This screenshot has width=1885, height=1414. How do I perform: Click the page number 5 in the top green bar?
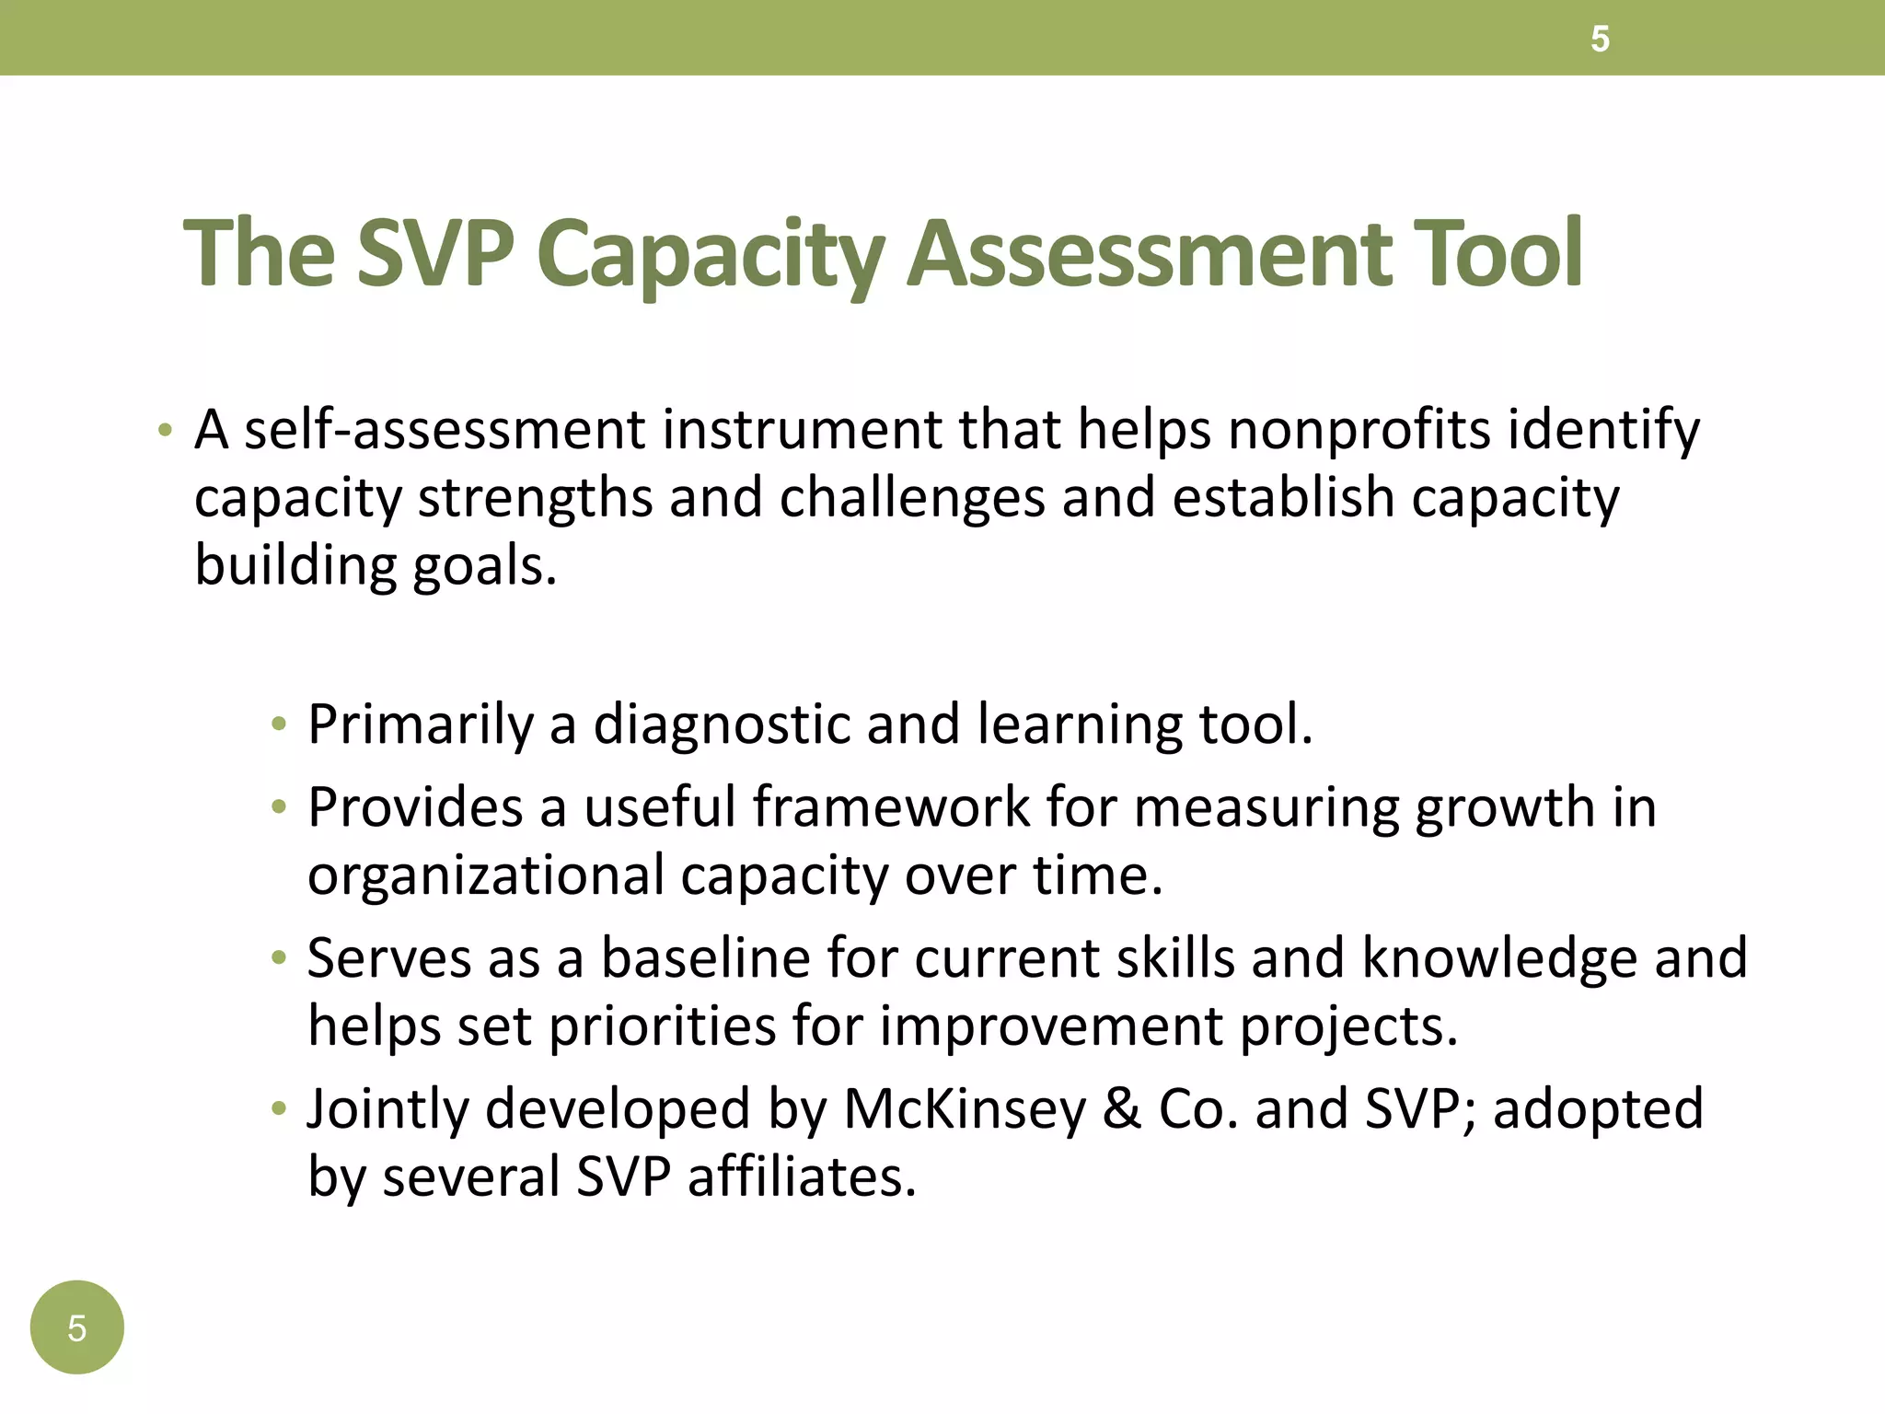pyautogui.click(x=1600, y=40)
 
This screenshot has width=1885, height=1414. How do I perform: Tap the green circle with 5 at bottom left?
pyautogui.click(x=76, y=1327)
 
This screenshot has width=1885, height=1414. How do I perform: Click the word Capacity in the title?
pyautogui.click(x=711, y=254)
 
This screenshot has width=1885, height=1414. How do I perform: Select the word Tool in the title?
pyautogui.click(x=1498, y=252)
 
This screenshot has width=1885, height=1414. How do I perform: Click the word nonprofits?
pyautogui.click(x=1359, y=431)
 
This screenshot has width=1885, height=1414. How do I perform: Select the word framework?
pyautogui.click(x=891, y=807)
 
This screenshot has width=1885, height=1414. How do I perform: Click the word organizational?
pyautogui.click(x=485, y=875)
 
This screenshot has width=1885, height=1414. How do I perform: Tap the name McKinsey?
pyautogui.click(x=965, y=1108)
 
